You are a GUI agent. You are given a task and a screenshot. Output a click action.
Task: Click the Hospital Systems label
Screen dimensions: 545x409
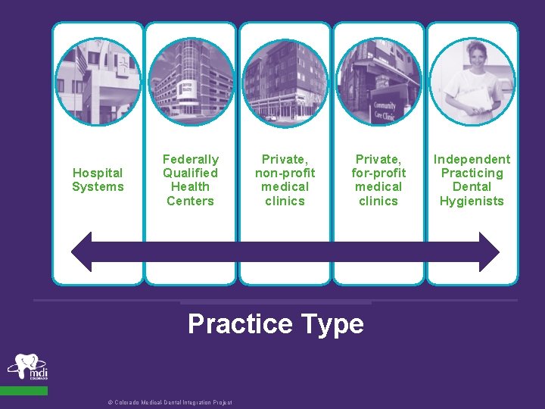[x=98, y=180]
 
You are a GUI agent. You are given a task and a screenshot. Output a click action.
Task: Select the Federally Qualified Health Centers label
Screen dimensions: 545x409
[x=191, y=180]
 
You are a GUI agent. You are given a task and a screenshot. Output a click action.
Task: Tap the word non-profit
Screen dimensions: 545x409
[x=285, y=173]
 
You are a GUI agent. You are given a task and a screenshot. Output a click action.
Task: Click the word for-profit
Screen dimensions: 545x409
[x=378, y=173]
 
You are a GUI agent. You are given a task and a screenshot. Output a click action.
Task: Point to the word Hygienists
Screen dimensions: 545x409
[x=472, y=201]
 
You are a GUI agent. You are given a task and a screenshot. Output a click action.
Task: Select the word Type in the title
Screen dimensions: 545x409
[x=332, y=324]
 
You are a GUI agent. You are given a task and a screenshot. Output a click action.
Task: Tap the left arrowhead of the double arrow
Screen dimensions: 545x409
[x=82, y=252]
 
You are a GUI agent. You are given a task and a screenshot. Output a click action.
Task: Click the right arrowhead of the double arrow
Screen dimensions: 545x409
[x=489, y=252]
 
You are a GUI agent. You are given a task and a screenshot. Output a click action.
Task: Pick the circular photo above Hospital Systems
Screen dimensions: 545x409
[x=98, y=81]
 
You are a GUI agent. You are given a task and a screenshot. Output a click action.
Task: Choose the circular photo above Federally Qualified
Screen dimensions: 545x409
[x=191, y=81]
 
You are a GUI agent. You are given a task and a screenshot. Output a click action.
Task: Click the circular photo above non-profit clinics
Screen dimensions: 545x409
[x=285, y=81]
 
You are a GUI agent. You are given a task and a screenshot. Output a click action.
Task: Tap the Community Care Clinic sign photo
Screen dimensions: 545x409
[x=378, y=81]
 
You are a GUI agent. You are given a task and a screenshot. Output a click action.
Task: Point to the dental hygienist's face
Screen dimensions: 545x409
[x=475, y=58]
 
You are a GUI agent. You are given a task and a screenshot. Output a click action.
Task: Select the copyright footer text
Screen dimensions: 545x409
[x=170, y=403]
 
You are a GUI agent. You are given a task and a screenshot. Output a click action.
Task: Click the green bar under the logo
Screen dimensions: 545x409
[x=23, y=391]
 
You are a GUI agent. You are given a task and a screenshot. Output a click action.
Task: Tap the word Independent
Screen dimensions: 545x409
[x=472, y=159]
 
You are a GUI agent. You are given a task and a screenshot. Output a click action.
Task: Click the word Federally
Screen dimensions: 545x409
[x=191, y=159]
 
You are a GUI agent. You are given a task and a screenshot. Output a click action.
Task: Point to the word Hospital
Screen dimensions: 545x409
[x=98, y=173]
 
